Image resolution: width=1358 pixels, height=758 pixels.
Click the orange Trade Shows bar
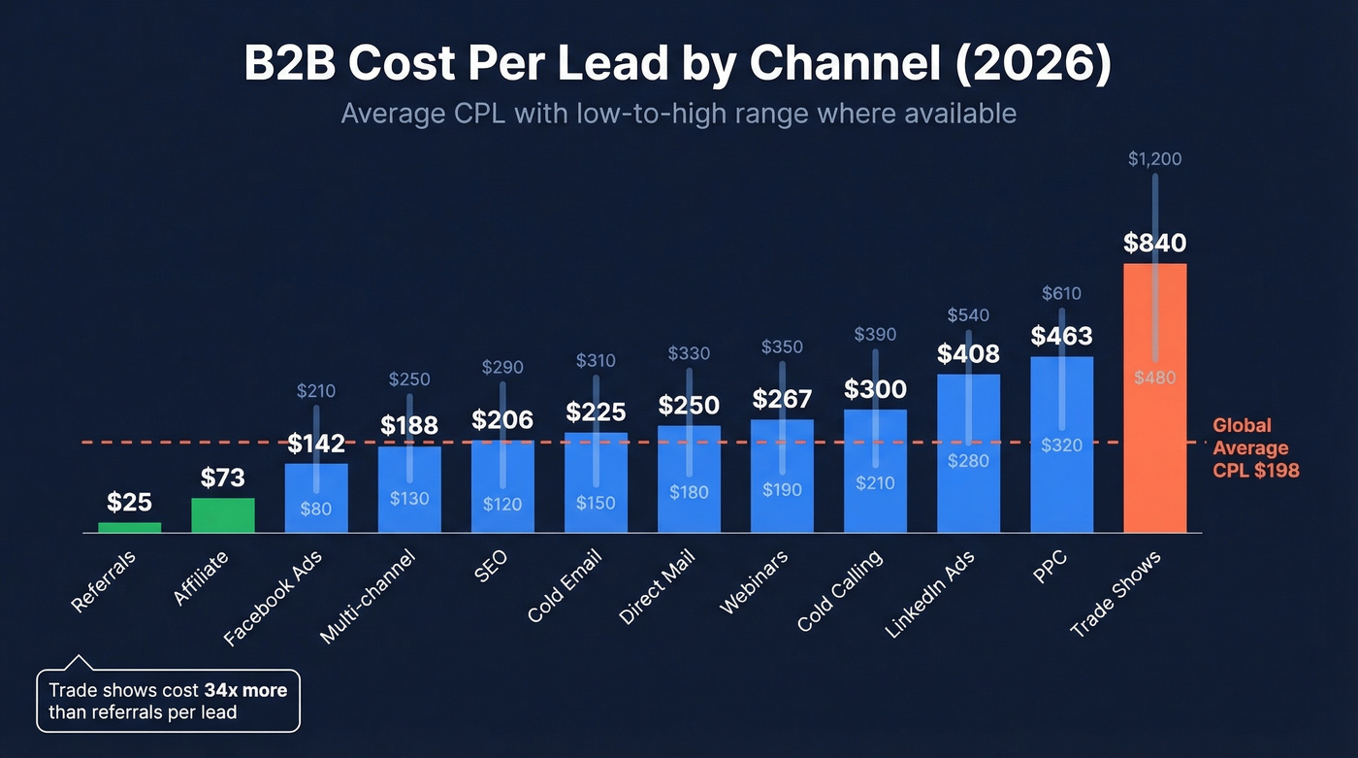tap(1154, 456)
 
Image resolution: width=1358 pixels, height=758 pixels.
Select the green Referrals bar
tap(129, 527)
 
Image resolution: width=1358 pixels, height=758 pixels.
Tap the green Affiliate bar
tap(223, 515)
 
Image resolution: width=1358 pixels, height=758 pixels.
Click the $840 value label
tap(1154, 244)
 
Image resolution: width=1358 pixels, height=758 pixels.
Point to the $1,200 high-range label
tap(1154, 159)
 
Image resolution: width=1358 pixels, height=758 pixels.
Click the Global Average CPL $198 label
tap(1255, 448)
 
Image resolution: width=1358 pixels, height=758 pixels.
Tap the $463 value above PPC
tap(1061, 337)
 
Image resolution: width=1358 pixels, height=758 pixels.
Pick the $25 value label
tap(129, 503)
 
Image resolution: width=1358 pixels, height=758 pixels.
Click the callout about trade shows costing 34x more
tap(169, 701)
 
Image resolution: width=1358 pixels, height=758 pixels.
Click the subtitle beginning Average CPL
tap(678, 114)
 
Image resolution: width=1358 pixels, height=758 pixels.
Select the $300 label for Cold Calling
tap(875, 390)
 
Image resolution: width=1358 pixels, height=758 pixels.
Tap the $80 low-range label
tap(316, 509)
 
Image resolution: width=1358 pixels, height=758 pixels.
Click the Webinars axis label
tap(754, 582)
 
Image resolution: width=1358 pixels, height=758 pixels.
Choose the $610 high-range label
tap(1061, 293)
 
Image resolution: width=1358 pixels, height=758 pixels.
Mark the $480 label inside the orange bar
tap(1154, 378)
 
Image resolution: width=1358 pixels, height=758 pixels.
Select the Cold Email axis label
tap(565, 586)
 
